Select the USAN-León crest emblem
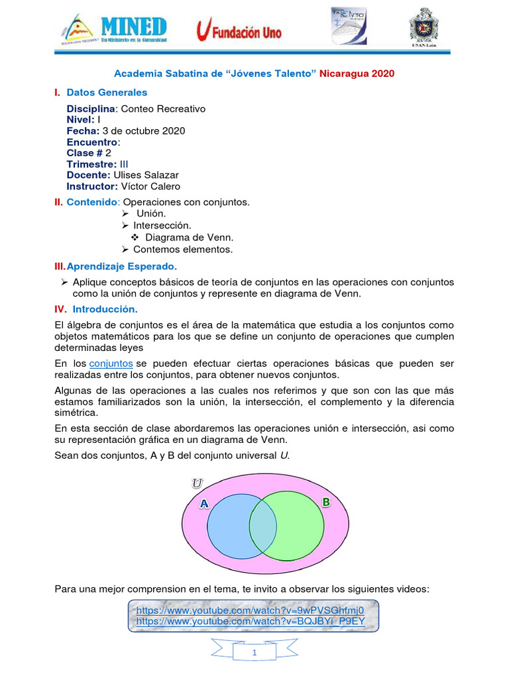coord(424,28)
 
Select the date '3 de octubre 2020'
coord(144,131)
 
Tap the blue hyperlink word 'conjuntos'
coord(111,363)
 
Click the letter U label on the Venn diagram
coord(197,483)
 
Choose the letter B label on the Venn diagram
coord(325,503)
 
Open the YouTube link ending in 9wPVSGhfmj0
coord(250,610)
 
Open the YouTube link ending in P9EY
coord(250,621)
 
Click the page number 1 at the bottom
coord(254,654)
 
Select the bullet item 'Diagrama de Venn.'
coord(190,237)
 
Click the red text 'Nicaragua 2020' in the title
coord(357,73)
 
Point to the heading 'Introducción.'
coord(105,309)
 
